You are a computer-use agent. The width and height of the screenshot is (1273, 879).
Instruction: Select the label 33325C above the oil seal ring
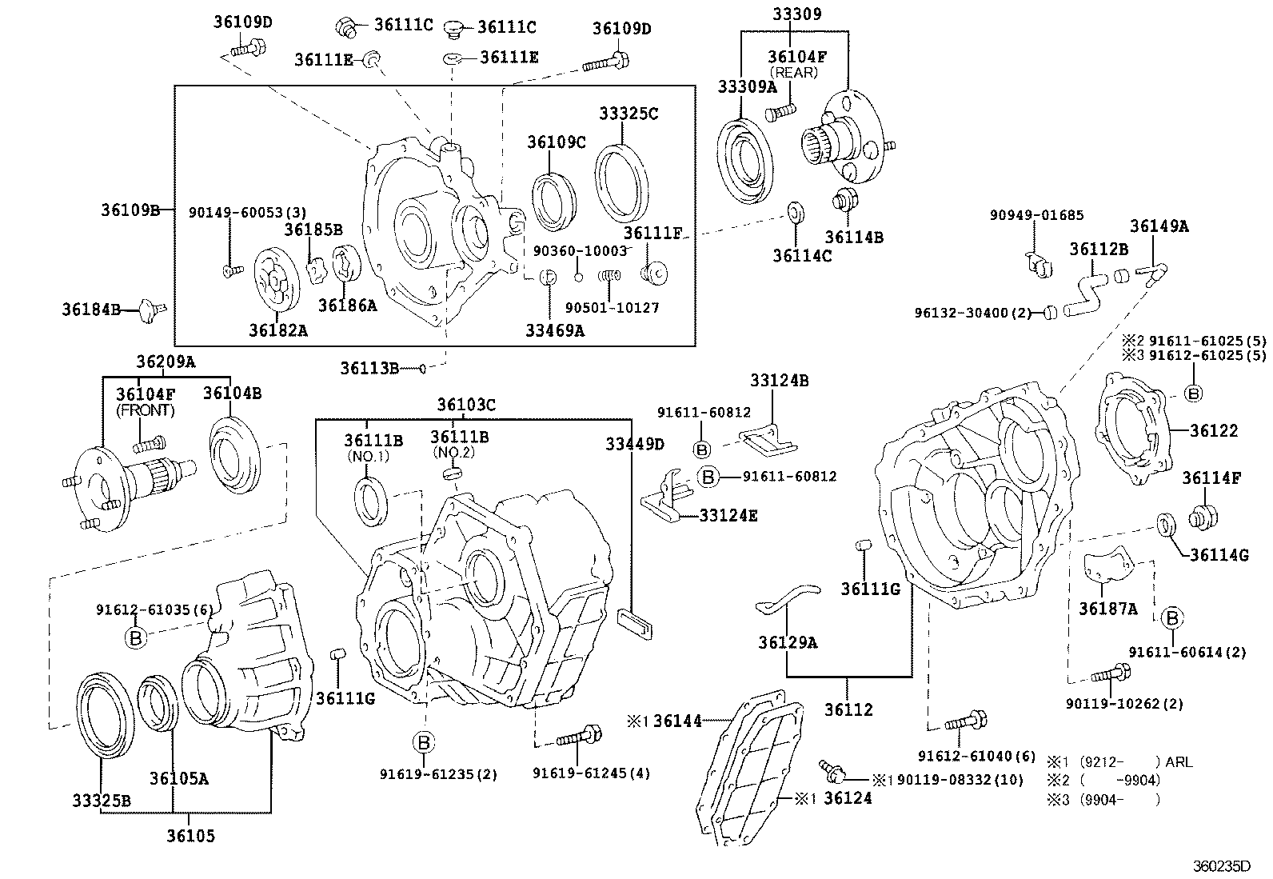[629, 114]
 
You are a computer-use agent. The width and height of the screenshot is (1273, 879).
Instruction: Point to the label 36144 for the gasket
[677, 721]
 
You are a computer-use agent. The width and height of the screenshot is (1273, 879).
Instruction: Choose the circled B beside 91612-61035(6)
[136, 637]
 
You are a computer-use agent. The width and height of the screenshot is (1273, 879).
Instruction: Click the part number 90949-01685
[1036, 215]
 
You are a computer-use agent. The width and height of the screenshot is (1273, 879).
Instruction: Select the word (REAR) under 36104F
[793, 73]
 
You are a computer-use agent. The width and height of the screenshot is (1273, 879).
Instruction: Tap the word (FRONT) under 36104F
[146, 410]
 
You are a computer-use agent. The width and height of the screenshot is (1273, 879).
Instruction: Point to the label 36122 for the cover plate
[1213, 431]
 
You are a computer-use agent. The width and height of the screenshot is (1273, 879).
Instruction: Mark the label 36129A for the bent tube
[788, 642]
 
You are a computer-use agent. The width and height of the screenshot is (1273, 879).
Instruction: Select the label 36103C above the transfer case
[466, 406]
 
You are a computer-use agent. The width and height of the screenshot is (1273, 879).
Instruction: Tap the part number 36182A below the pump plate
[277, 330]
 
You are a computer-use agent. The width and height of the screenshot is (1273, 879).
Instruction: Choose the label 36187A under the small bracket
[1107, 609]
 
